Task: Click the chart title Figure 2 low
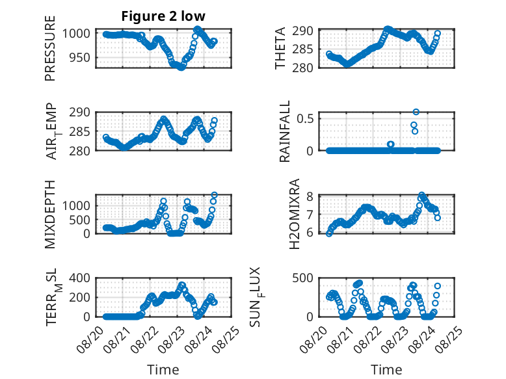click(x=163, y=16)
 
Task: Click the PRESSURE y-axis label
click(x=50, y=48)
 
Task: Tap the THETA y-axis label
click(x=280, y=48)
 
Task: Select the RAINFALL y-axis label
click(x=285, y=131)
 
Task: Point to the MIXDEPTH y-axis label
click(x=50, y=214)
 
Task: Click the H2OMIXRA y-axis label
click(x=295, y=214)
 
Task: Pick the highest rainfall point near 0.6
click(x=416, y=112)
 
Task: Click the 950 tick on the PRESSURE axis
click(x=80, y=58)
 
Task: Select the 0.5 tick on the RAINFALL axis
click(x=305, y=118)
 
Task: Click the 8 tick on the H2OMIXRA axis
click(x=310, y=196)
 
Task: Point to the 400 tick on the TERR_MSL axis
click(x=80, y=278)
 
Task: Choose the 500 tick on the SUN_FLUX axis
click(x=302, y=278)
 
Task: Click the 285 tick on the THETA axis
click(x=302, y=49)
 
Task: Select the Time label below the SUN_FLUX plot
click(x=386, y=370)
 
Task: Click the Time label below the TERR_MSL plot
click(x=163, y=370)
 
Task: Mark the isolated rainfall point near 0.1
click(x=391, y=144)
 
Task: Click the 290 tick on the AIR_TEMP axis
click(x=80, y=112)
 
